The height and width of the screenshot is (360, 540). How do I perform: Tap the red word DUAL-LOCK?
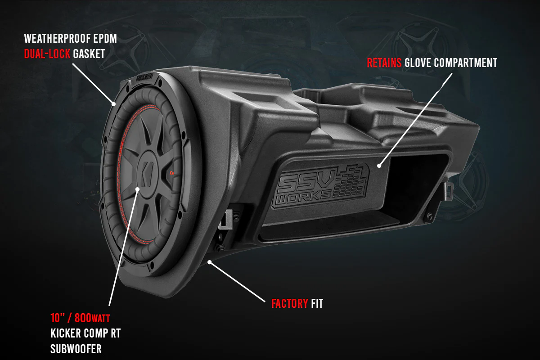(47, 54)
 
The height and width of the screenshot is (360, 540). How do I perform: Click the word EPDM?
(106, 39)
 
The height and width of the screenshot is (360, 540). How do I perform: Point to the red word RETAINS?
(384, 63)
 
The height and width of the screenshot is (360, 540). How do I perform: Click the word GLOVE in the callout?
(418, 63)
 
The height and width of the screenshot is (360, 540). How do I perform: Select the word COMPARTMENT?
(466, 63)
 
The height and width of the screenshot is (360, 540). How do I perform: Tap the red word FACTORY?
(290, 304)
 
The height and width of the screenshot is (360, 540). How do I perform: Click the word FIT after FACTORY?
(317, 304)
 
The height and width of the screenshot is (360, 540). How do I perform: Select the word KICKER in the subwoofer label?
(66, 333)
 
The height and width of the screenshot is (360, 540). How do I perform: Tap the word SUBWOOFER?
(76, 349)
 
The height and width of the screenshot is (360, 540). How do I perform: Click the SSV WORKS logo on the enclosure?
(322, 185)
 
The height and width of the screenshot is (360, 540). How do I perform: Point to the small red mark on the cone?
(173, 173)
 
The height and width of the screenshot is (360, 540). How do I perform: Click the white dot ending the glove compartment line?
(380, 166)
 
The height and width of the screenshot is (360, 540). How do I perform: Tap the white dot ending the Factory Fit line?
(209, 261)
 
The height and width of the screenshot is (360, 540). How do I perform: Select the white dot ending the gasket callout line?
(114, 103)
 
